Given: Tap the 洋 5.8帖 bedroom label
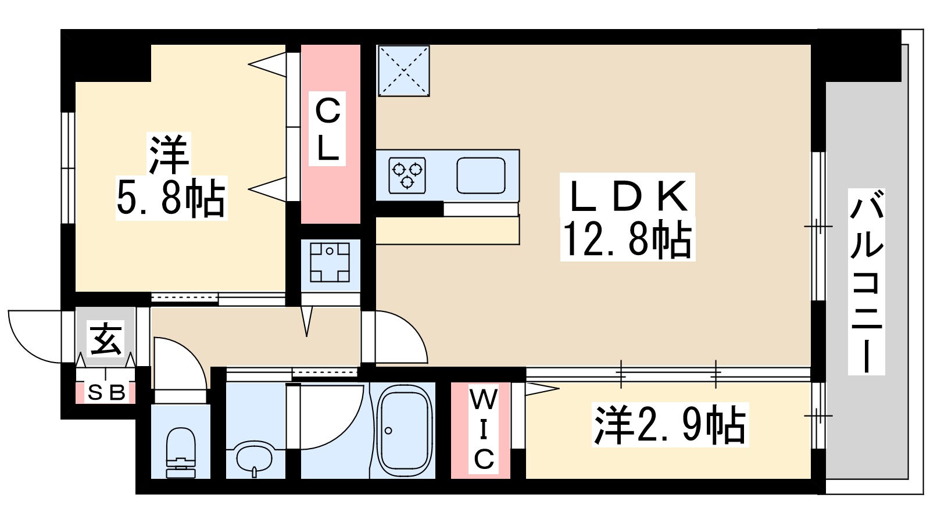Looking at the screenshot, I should pyautogui.click(x=170, y=177).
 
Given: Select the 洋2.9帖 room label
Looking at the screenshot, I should pyautogui.click(x=670, y=425).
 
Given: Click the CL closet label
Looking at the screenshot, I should pyautogui.click(x=327, y=128).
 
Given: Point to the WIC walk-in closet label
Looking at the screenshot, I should pyautogui.click(x=483, y=429).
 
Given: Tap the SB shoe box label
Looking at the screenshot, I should pyautogui.click(x=106, y=393).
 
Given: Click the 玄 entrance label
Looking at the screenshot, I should pyautogui.click(x=106, y=339).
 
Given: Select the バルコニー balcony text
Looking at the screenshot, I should pyautogui.click(x=866, y=281).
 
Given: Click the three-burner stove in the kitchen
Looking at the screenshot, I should pyautogui.click(x=407, y=175).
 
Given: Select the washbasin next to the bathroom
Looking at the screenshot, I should pyautogui.click(x=254, y=457).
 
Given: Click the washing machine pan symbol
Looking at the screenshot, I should pyautogui.click(x=330, y=262).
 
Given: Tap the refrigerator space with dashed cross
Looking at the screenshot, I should pyautogui.click(x=403, y=70).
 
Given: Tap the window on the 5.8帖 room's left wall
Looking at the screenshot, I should pyautogui.click(x=68, y=168).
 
